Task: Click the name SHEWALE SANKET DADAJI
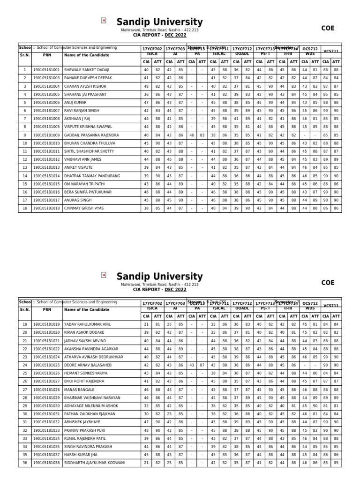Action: click(87, 70)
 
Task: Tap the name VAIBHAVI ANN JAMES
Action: click(82, 159)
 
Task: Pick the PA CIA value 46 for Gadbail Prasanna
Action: click(192, 135)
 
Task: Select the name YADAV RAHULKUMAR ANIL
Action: click(88, 324)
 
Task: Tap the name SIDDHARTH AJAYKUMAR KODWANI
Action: click(95, 463)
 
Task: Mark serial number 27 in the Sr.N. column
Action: click(24, 382)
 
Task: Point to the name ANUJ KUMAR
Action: click(75, 103)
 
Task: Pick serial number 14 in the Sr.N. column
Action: click(24, 176)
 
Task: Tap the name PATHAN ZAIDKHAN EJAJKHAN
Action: click(90, 414)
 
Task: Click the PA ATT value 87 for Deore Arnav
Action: click(202, 365)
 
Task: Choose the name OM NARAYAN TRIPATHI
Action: click(85, 184)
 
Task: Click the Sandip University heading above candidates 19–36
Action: click(159, 276)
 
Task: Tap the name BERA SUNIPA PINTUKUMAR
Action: click(88, 192)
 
